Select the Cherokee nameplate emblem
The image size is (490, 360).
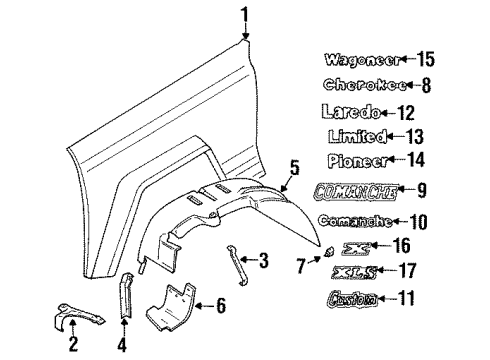coord(358,86)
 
